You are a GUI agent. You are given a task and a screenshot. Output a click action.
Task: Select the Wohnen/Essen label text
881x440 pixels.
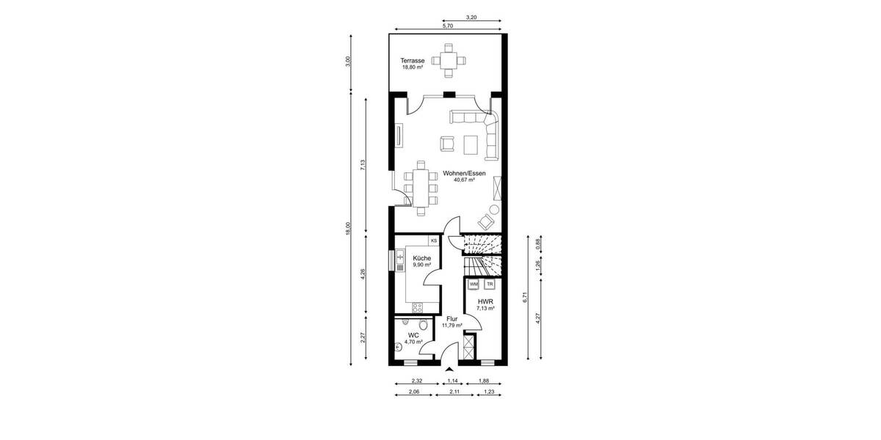(x=463, y=173)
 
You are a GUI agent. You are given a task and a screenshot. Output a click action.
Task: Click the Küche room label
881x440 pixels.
(x=421, y=258)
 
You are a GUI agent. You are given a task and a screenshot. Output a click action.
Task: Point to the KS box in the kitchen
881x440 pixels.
(x=434, y=241)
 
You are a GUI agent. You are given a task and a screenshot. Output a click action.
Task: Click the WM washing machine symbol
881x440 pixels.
(x=474, y=284)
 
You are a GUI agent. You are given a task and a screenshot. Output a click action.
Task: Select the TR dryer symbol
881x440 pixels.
(x=490, y=284)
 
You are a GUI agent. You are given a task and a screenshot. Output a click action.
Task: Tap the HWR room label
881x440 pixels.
(x=485, y=301)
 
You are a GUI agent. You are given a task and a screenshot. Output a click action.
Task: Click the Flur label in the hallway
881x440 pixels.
(x=452, y=319)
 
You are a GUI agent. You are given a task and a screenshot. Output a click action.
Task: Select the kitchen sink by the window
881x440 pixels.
(x=400, y=257)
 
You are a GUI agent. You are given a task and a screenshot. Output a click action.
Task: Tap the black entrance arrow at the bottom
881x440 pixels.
(x=449, y=368)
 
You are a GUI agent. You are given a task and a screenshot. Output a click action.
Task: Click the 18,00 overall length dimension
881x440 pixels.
(x=349, y=229)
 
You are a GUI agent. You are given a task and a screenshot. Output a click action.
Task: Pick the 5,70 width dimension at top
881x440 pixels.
(x=448, y=26)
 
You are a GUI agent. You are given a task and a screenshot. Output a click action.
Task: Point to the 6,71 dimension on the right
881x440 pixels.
(x=525, y=297)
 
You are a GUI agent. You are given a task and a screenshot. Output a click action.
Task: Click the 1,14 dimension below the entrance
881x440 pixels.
(x=453, y=381)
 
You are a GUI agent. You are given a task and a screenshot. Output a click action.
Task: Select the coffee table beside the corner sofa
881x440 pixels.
(x=469, y=144)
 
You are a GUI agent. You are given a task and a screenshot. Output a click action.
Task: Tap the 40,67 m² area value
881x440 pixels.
(x=464, y=180)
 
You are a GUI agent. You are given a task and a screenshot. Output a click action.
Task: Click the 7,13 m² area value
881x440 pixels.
(x=484, y=309)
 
